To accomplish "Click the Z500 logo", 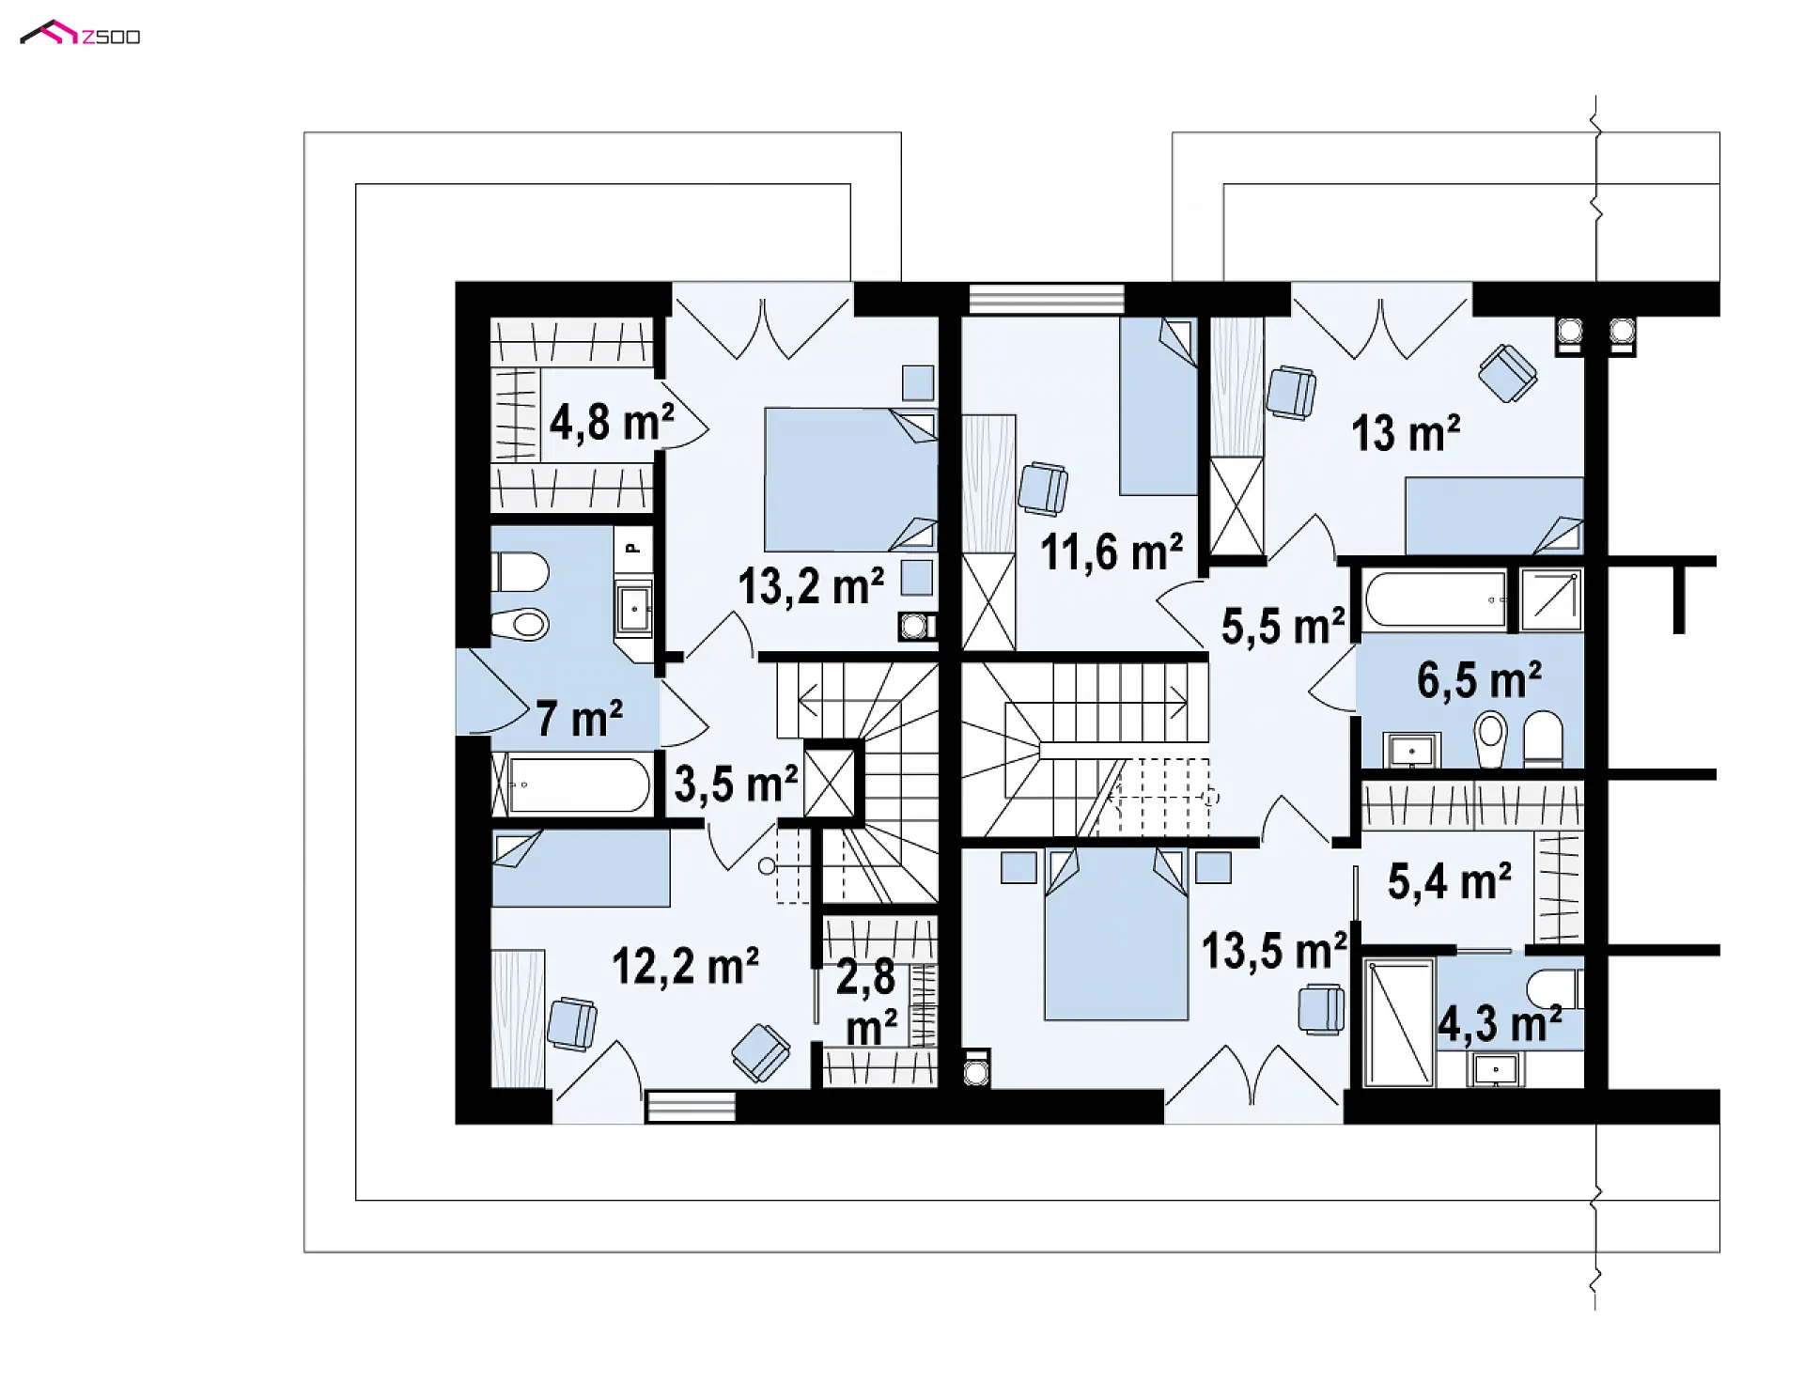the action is [80, 35].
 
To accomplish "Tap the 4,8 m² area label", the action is [612, 423].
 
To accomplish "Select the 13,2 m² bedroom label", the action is [810, 586].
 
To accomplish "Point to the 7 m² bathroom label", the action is [579, 719].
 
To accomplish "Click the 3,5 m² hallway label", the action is [736, 784].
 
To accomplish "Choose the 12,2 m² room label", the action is [685, 966].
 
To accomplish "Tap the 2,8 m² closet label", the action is [868, 1003].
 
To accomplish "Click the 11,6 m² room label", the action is [1111, 552].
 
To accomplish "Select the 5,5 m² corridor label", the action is [1283, 626].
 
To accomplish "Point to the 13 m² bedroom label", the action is [1406, 434].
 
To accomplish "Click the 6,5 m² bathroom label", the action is [1479, 680].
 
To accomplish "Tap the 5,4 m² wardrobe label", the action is [1449, 881].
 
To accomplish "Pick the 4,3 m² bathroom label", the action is [1500, 1023].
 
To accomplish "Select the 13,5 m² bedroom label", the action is [1274, 951].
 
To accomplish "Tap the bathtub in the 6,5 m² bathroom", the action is [1436, 598].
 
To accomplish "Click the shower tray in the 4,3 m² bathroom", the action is [1399, 1022].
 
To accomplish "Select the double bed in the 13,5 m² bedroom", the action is [1116, 933].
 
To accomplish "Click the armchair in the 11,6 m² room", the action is [1043, 489].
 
